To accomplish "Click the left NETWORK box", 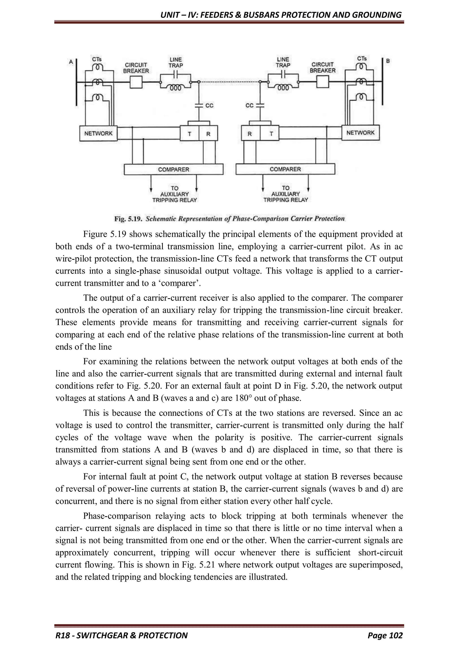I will pos(98,133).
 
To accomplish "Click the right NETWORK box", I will pos(360,132).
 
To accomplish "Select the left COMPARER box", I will pos(173,169).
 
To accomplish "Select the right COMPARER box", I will pos(285,169).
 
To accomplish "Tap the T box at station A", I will pos(189,133).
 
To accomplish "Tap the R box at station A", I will pos(208,133).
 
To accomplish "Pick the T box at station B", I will pos(269,134).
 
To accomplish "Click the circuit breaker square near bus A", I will pos(136,82).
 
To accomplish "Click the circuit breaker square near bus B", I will pos(323,82).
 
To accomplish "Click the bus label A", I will pos(71,62).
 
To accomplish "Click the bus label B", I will pos(388,61).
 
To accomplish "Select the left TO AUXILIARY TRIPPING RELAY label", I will pos(174,194).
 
